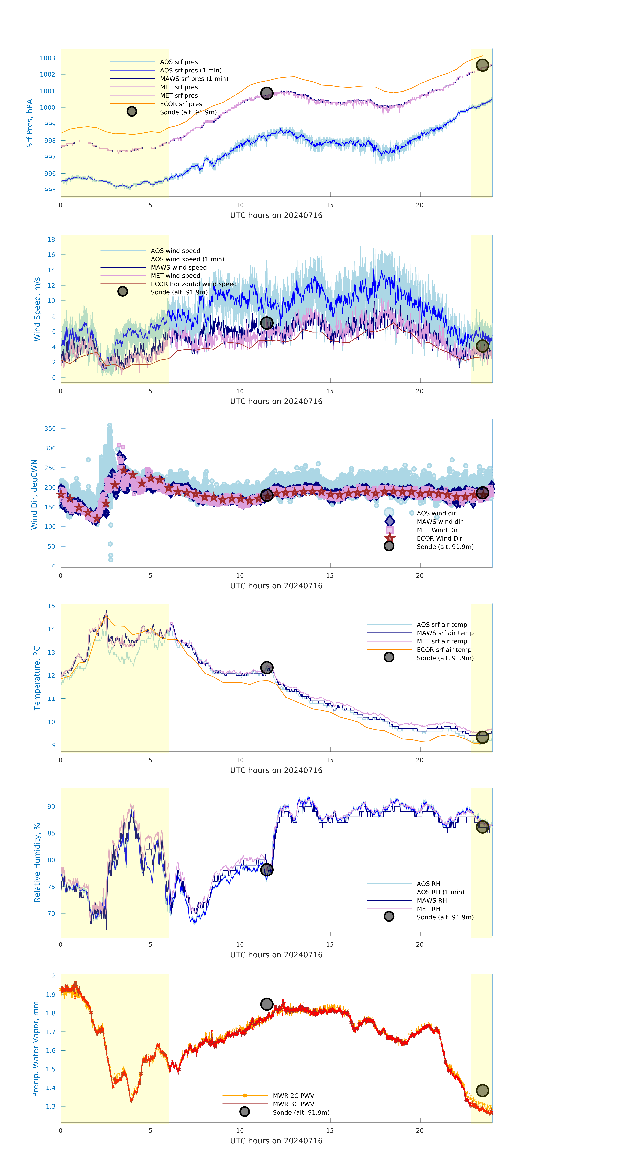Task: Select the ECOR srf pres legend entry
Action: [x=181, y=104]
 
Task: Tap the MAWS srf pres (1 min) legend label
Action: [x=194, y=79]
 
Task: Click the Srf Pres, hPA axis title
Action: [x=30, y=123]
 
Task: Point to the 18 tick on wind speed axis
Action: [x=51, y=239]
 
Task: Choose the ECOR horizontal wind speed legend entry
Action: [x=193, y=284]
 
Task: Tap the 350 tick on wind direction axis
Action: [x=50, y=428]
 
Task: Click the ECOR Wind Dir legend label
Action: [x=439, y=538]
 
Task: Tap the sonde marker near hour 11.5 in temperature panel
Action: [x=266, y=667]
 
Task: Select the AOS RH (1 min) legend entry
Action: [x=440, y=892]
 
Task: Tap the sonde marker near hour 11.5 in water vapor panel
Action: [x=266, y=1004]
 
